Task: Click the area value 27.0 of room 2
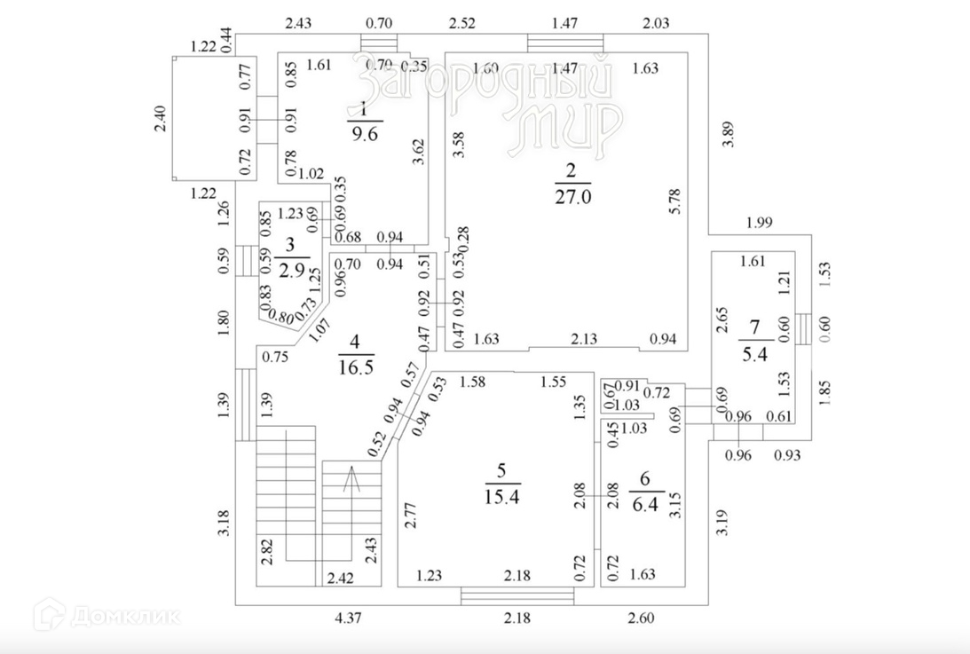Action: point(572,196)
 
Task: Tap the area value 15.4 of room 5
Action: point(501,496)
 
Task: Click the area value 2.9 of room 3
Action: point(291,271)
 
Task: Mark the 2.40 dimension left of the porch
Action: point(160,119)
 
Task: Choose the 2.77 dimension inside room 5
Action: point(410,515)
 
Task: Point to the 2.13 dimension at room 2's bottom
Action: point(585,338)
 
